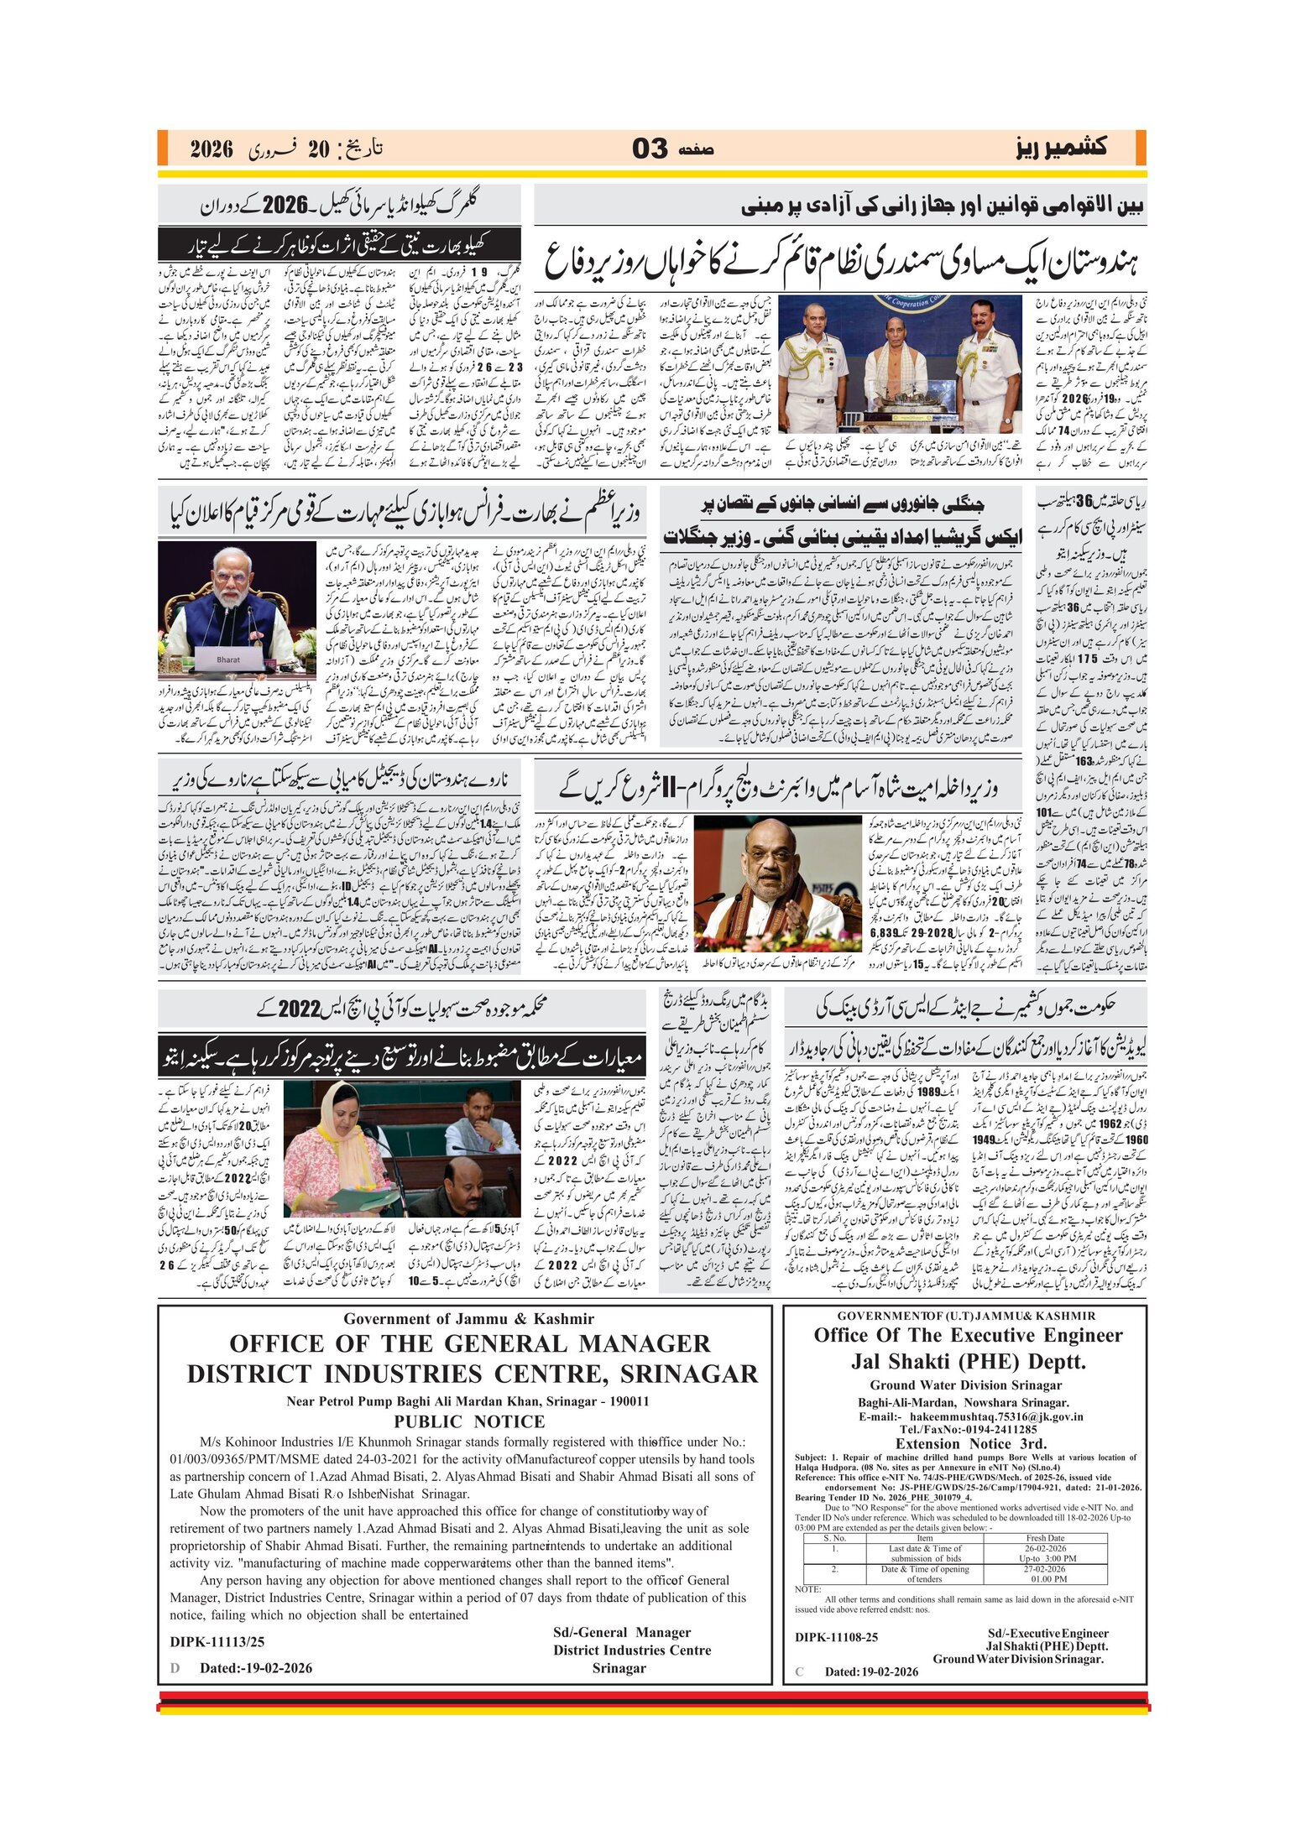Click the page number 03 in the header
click(650, 149)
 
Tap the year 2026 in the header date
click(212, 150)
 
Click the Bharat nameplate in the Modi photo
click(227, 660)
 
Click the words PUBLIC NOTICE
click(469, 1421)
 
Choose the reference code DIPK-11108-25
click(836, 1636)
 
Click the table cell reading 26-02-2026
click(1045, 1548)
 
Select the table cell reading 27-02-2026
click(1045, 1568)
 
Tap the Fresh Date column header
click(1045, 1538)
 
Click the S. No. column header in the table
click(834, 1538)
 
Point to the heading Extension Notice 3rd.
click(971, 1444)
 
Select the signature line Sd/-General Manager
click(622, 1632)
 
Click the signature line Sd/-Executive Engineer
click(1047, 1633)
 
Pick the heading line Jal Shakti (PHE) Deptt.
click(968, 1361)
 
